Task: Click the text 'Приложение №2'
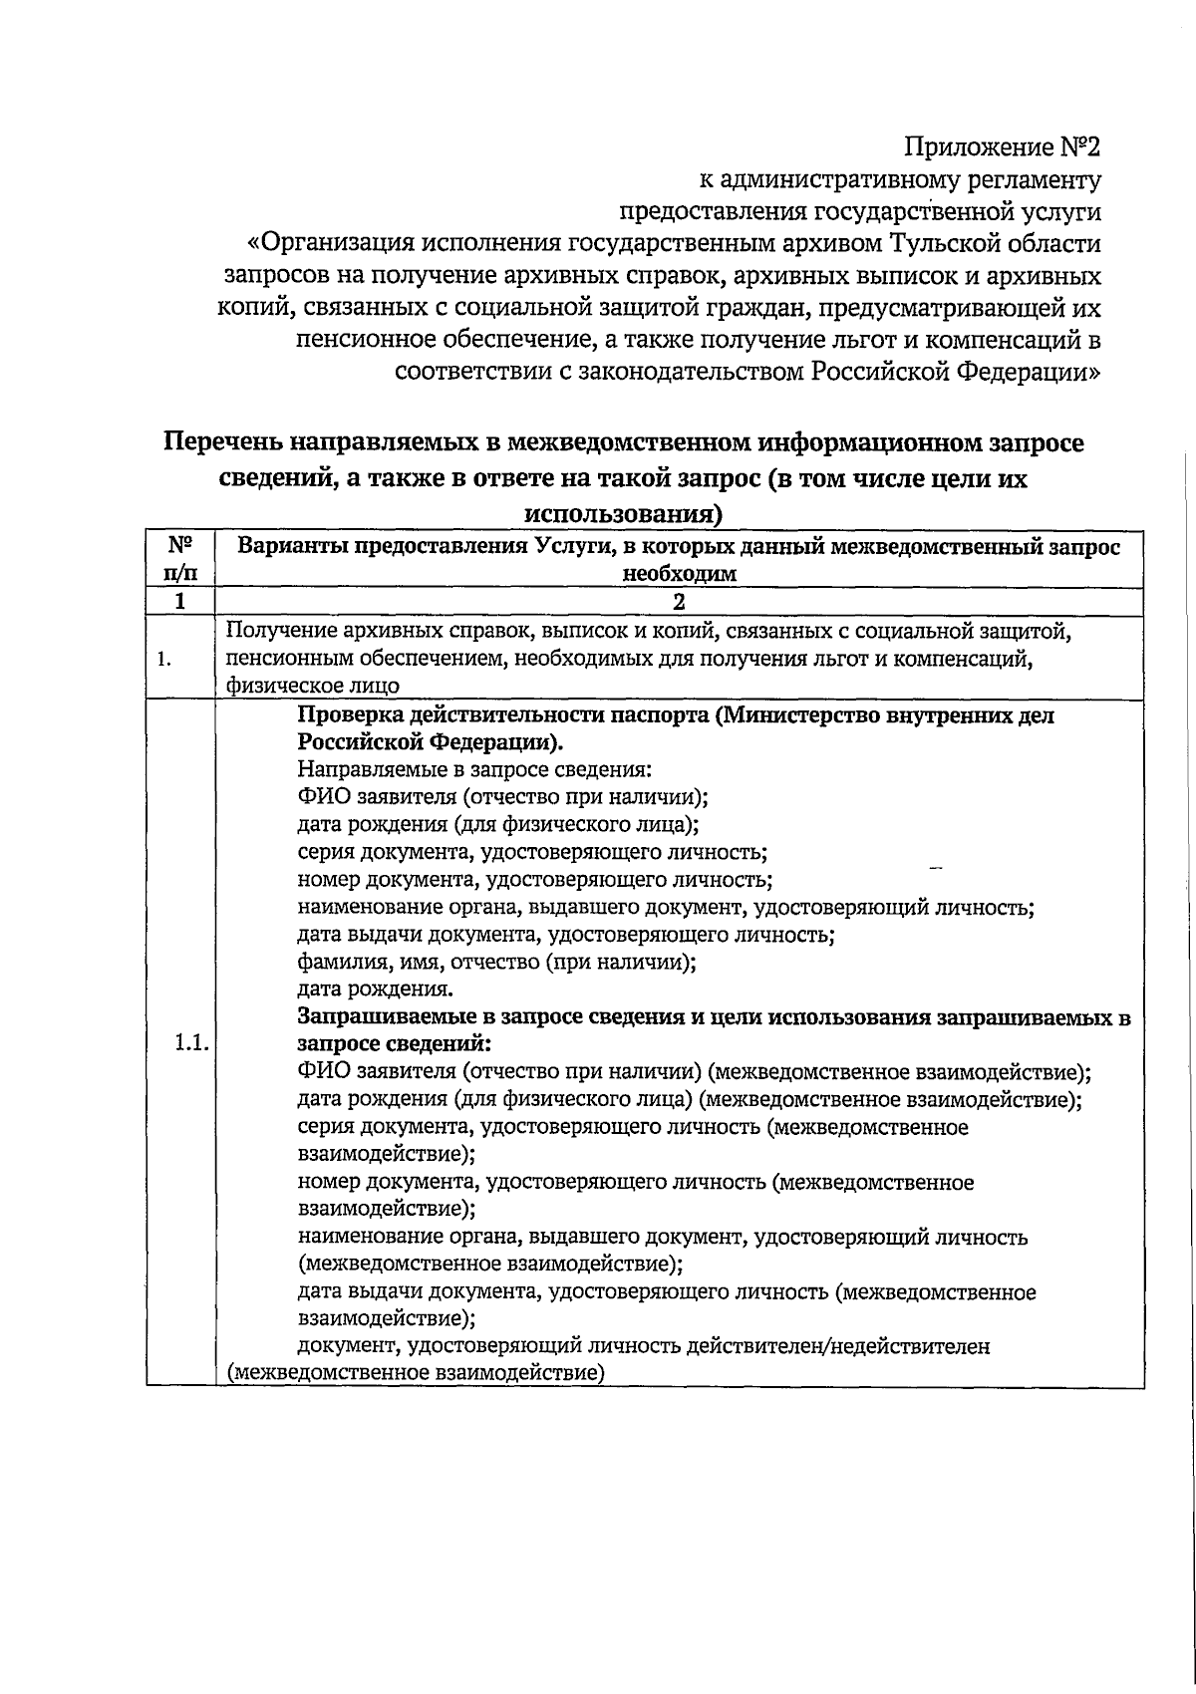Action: point(1003,148)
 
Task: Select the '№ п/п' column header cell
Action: point(179,559)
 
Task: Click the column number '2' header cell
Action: point(679,602)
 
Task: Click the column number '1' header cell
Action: point(179,602)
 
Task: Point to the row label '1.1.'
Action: point(189,1043)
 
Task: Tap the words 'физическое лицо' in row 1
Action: point(312,686)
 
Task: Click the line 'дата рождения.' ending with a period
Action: point(376,989)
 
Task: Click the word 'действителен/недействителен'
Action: point(850,1346)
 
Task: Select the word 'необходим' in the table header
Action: point(679,574)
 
